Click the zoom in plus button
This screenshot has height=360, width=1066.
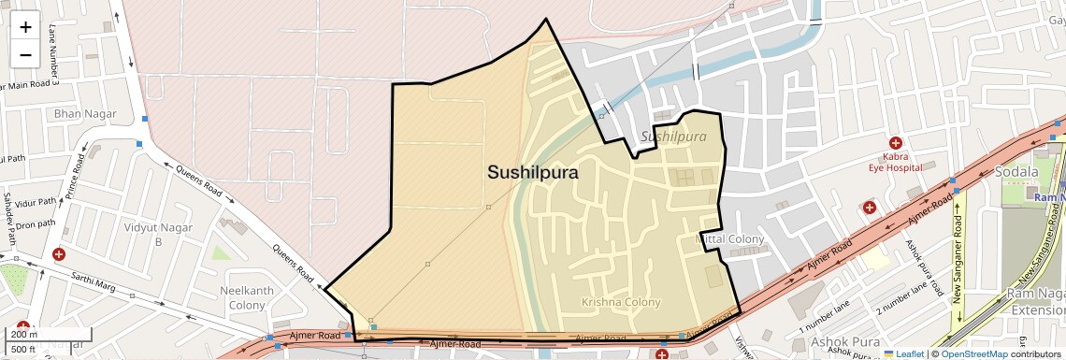(25, 27)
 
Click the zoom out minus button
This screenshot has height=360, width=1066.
(25, 54)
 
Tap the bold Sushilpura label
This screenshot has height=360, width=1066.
(532, 173)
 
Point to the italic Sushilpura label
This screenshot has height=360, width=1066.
(673, 137)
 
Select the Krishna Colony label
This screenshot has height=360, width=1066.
(621, 302)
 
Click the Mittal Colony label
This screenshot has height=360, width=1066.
(731, 239)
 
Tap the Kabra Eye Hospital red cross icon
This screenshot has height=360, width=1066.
(895, 144)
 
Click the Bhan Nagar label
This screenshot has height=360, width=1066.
(85, 114)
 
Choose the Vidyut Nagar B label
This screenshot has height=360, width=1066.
(158, 234)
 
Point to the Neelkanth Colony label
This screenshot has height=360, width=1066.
(247, 297)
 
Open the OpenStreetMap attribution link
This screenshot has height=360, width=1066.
(973, 353)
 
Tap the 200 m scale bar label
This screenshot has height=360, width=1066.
(25, 335)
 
